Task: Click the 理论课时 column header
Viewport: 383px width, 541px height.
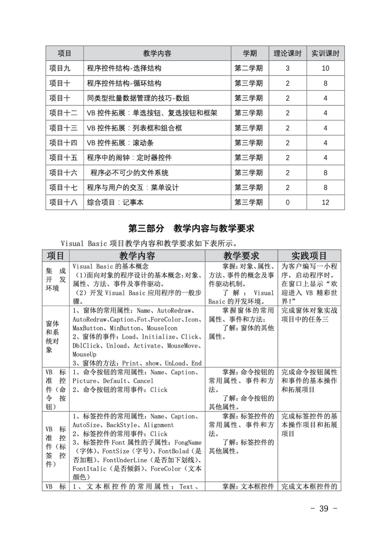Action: coord(288,53)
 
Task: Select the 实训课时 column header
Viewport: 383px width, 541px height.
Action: coord(325,53)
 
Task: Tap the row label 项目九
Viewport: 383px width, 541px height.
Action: coord(60,68)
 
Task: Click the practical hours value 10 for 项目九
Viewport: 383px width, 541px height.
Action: coord(325,68)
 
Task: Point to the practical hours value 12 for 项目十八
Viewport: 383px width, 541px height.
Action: coord(325,203)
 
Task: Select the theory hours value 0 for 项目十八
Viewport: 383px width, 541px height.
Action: coord(288,203)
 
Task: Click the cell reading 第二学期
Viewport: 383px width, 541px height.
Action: coord(249,68)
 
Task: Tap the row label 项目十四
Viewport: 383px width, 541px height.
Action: coord(63,143)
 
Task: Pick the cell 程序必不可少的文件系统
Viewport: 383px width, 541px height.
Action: coord(129,173)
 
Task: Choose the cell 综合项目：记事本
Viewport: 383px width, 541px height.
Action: coord(115,203)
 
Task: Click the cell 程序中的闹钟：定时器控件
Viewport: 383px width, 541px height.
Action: coord(129,158)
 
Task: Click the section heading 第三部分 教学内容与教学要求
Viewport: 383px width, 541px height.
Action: coord(191,229)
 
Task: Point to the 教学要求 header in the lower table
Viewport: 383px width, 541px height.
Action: coord(241,256)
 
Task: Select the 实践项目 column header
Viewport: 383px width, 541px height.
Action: coord(309,256)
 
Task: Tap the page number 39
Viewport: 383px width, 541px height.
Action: coord(324,509)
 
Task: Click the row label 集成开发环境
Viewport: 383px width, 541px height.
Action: coord(56,280)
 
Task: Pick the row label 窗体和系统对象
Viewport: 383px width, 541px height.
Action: coord(52,336)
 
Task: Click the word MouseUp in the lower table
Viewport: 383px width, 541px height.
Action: coord(84,354)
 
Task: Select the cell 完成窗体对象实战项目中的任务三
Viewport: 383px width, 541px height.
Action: coord(309,315)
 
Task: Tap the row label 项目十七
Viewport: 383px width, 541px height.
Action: coord(63,188)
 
